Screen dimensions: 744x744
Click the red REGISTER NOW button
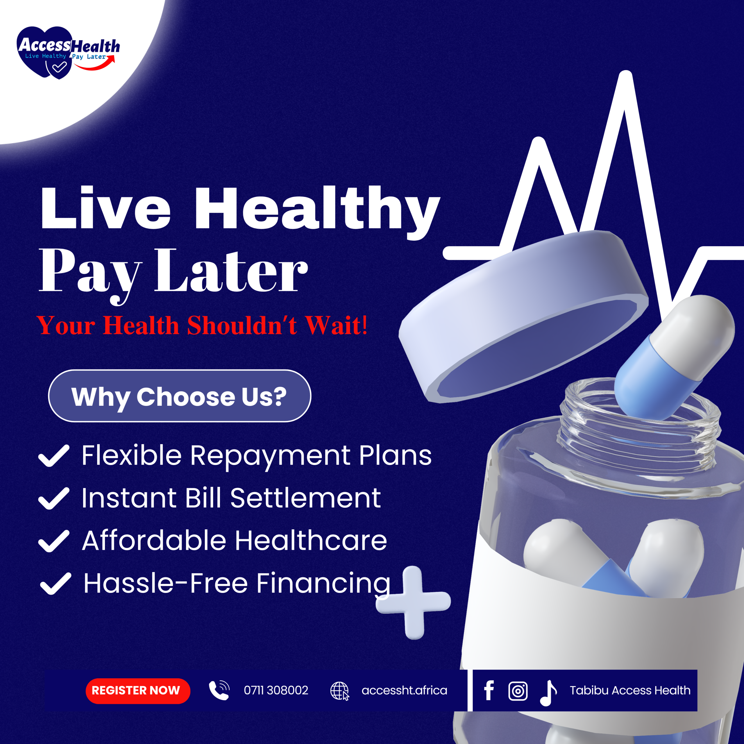(138, 691)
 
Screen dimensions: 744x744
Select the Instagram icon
(518, 691)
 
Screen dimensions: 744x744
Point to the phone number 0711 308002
(276, 691)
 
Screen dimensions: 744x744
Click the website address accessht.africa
(404, 691)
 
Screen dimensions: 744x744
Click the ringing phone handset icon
(219, 690)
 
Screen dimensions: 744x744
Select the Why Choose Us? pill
(179, 396)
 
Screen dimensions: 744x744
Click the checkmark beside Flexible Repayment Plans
(54, 456)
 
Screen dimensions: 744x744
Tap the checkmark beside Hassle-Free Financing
(56, 583)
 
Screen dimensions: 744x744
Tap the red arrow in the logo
(95, 64)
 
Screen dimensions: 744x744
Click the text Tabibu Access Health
(630, 691)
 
